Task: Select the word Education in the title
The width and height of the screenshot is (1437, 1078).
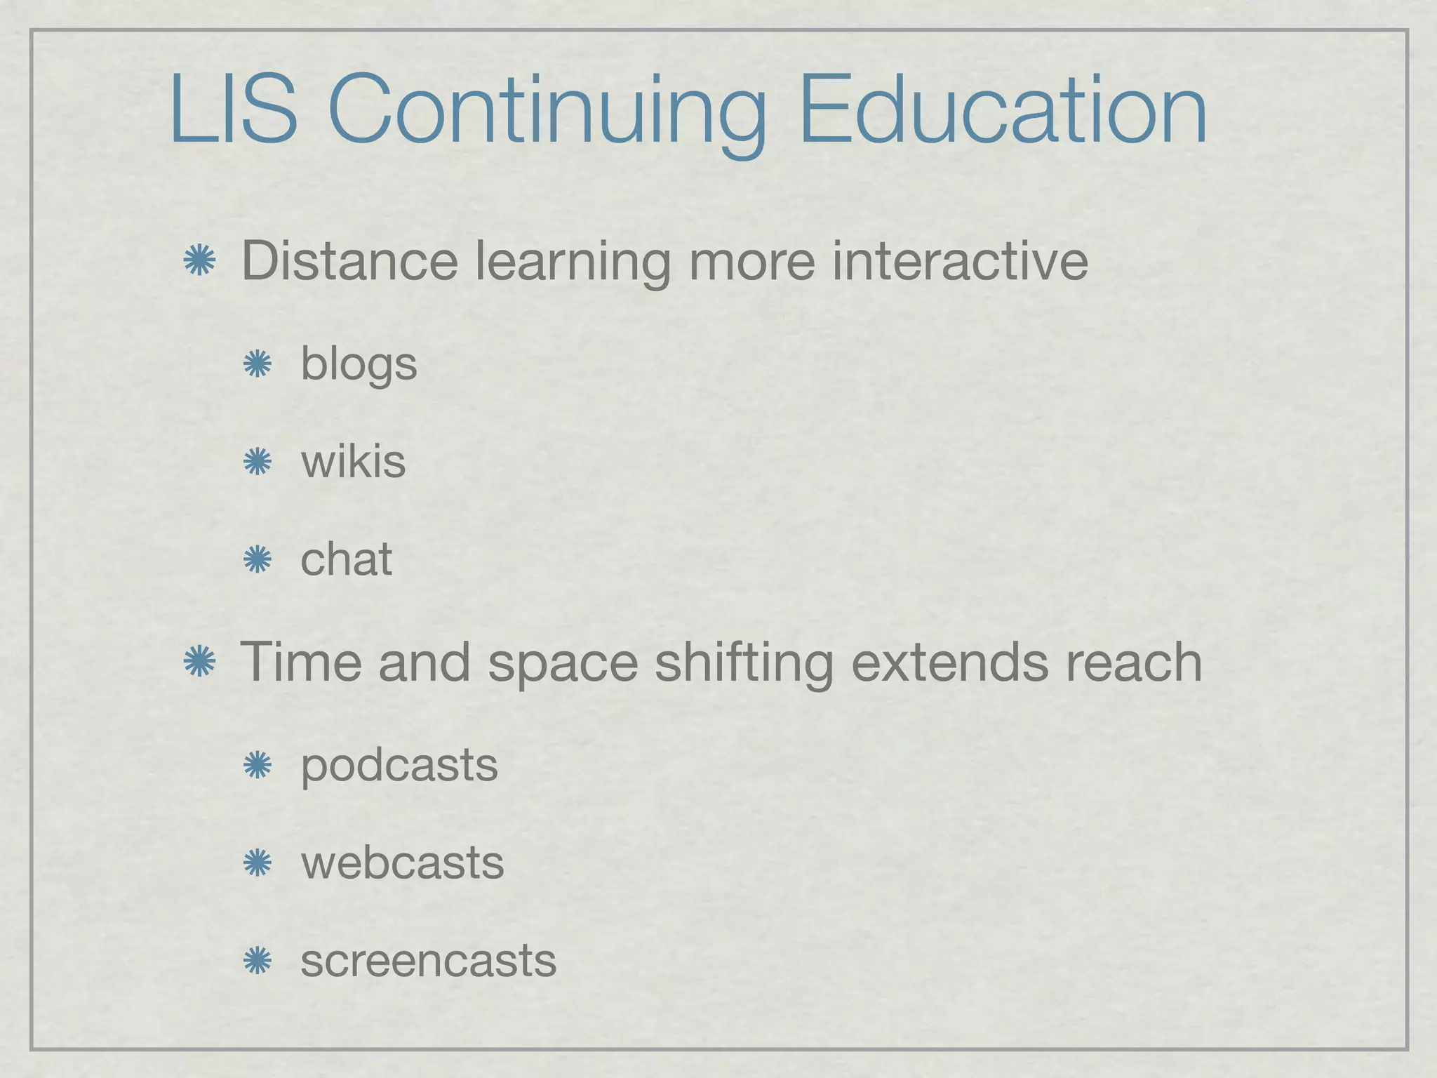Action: coord(1002,111)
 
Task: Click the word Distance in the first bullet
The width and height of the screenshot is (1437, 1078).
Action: coord(349,261)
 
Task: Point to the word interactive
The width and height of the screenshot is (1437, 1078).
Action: coord(960,261)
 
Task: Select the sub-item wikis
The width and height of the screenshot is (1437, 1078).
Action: coord(353,462)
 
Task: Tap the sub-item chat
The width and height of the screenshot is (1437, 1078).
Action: coord(346,559)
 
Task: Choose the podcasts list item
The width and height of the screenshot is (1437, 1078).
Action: coord(399,766)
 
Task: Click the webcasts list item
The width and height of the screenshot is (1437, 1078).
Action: coord(402,863)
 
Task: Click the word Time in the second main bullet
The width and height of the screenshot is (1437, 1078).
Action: coord(301,662)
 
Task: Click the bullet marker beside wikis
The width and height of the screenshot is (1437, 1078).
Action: coord(257,463)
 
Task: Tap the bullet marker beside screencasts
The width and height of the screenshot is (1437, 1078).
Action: coord(257,961)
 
